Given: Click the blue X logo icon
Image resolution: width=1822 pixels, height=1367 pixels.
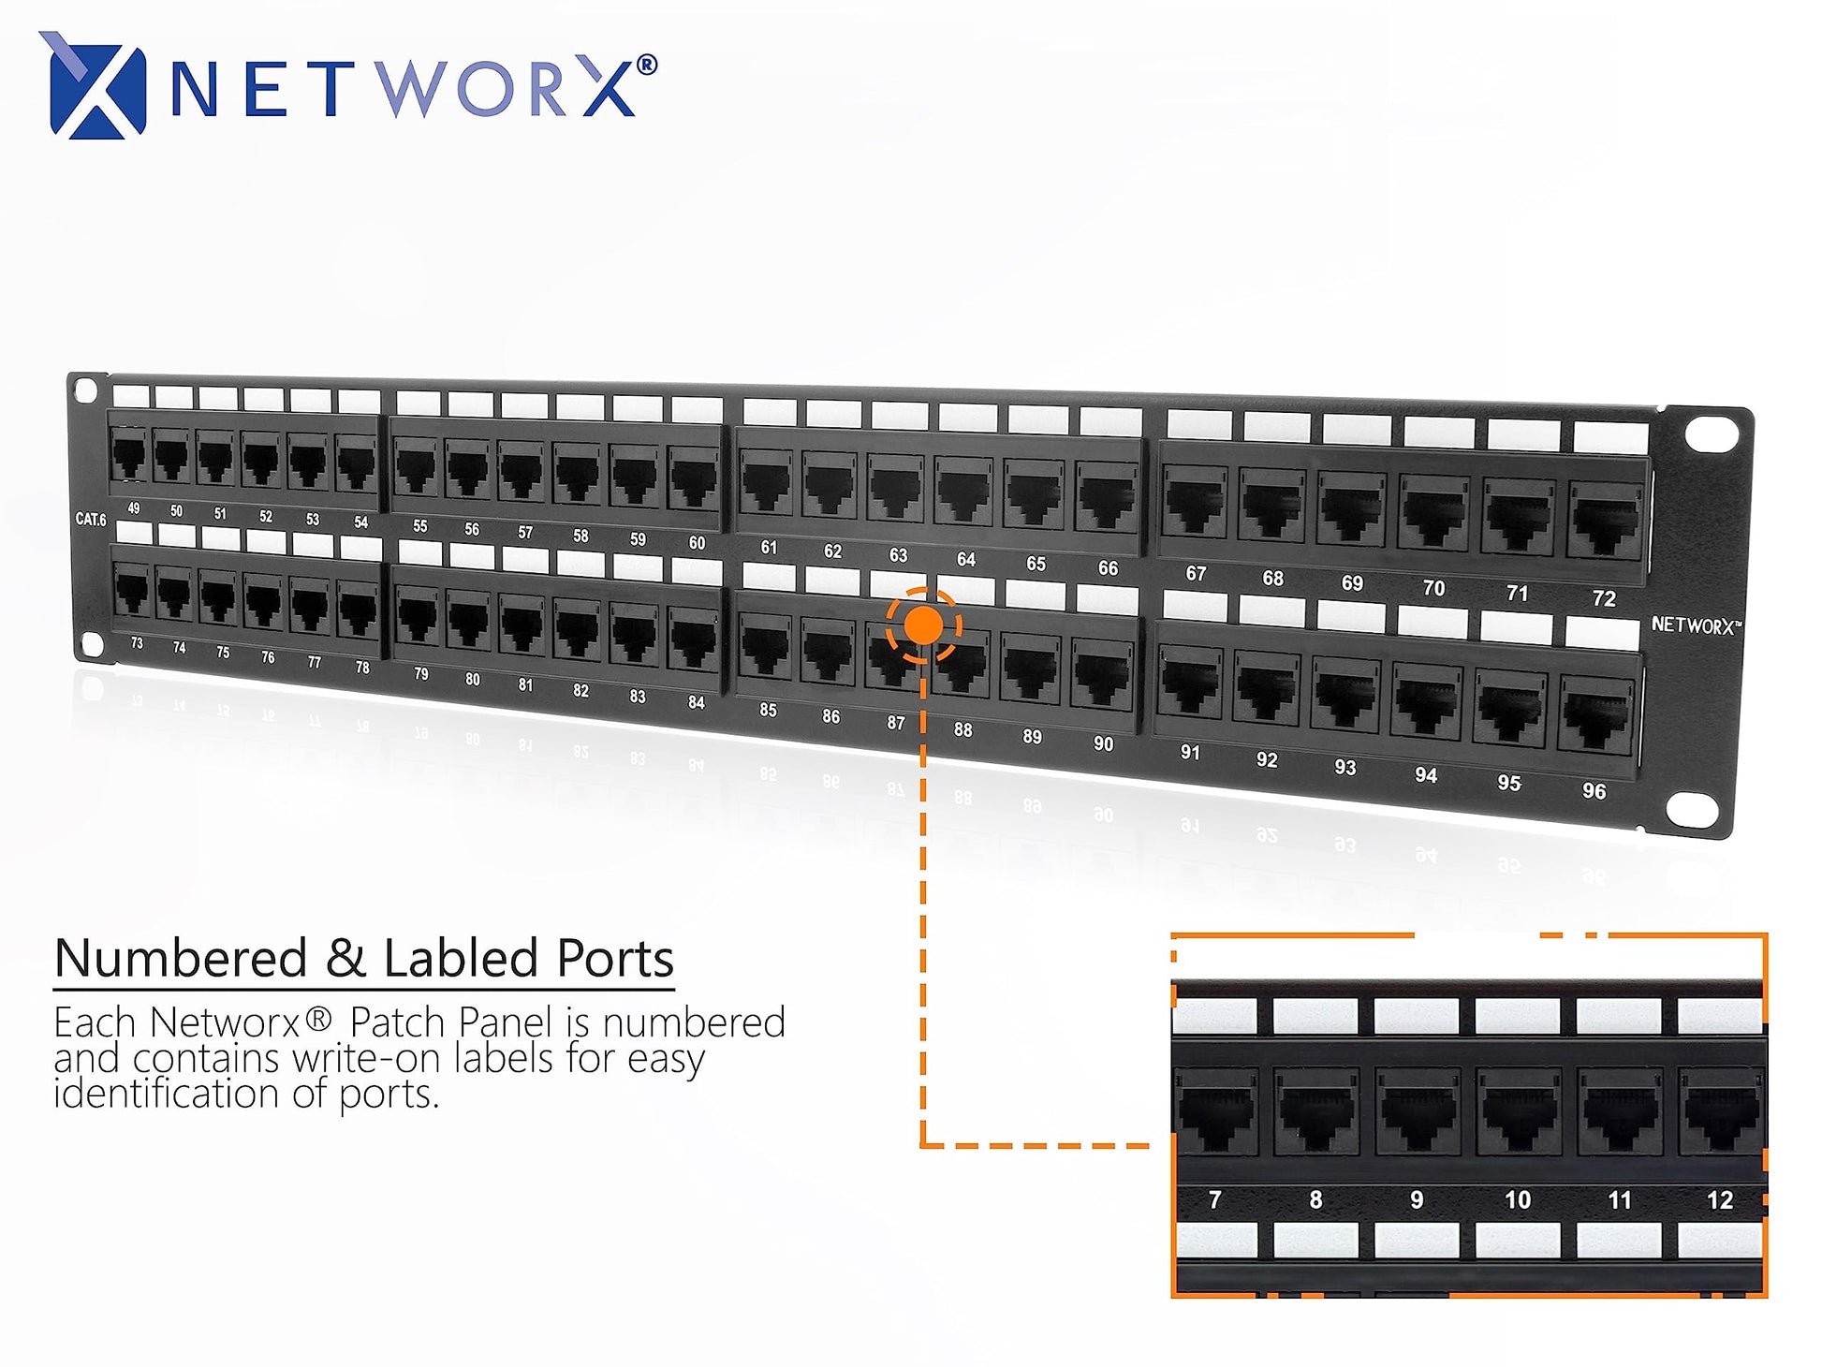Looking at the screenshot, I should click(x=93, y=85).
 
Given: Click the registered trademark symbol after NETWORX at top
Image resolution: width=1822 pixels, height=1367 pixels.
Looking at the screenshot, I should click(x=646, y=66).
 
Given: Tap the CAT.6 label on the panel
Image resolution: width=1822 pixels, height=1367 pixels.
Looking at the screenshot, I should click(x=91, y=519).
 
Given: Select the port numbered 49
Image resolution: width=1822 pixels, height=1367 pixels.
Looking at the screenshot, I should click(x=128, y=459).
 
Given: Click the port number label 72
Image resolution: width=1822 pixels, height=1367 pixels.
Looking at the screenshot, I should click(x=1604, y=598).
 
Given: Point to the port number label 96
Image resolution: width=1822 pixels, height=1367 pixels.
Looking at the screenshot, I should click(x=1594, y=791).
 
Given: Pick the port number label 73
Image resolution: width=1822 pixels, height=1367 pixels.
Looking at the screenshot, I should click(x=137, y=643).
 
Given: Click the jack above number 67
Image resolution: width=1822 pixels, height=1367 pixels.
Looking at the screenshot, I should click(x=1194, y=504).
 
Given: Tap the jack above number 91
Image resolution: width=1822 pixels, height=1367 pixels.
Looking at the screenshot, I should click(x=1189, y=683).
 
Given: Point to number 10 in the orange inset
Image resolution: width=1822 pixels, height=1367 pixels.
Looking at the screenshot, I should click(x=1517, y=1200).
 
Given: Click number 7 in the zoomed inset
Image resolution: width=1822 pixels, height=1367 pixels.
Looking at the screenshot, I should click(x=1214, y=1200).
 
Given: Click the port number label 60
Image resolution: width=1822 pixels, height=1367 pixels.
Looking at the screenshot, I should click(x=697, y=543).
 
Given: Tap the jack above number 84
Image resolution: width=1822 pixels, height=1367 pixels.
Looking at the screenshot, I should click(x=693, y=641).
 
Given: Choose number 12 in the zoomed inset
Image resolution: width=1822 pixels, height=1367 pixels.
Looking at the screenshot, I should click(x=1719, y=1200).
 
